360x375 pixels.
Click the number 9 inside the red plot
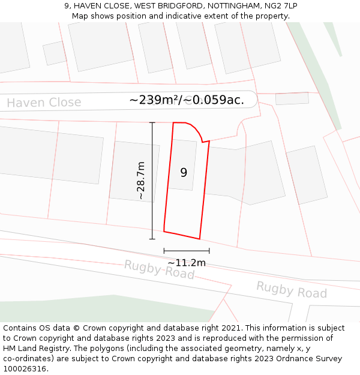pyautogui.click(x=184, y=173)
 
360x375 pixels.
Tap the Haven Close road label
pyautogui.click(x=44, y=103)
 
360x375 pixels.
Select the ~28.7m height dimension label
pyautogui.click(x=141, y=180)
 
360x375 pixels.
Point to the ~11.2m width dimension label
pyautogui.click(x=186, y=263)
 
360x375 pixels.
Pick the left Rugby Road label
pyautogui.click(x=160, y=269)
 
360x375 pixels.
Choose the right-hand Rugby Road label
pyautogui.click(x=292, y=290)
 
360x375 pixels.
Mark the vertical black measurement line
pyautogui.click(x=152, y=180)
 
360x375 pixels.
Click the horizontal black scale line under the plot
pyautogui.click(x=187, y=251)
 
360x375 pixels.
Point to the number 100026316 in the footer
pyautogui.click(x=24, y=368)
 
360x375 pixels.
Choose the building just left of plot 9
pyautogui.click(x=134, y=171)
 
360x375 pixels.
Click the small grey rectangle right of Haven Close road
pyautogui.click(x=292, y=98)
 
